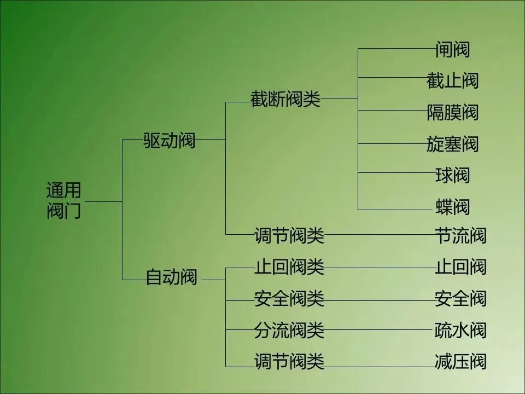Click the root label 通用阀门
(x=64, y=201)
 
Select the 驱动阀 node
(x=169, y=141)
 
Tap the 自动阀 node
(x=171, y=277)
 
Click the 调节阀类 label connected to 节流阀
(x=289, y=236)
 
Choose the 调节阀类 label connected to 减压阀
(x=289, y=362)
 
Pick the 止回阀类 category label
(x=289, y=267)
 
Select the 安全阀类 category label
(x=289, y=299)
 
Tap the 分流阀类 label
(x=289, y=330)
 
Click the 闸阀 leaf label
(x=452, y=50)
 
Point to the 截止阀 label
(x=452, y=81)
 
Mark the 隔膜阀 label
(x=452, y=113)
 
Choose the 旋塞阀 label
(x=452, y=144)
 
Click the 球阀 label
(x=452, y=176)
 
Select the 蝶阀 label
(x=452, y=207)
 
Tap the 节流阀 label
(x=460, y=236)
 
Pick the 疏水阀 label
(x=460, y=330)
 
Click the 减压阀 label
(x=460, y=362)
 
